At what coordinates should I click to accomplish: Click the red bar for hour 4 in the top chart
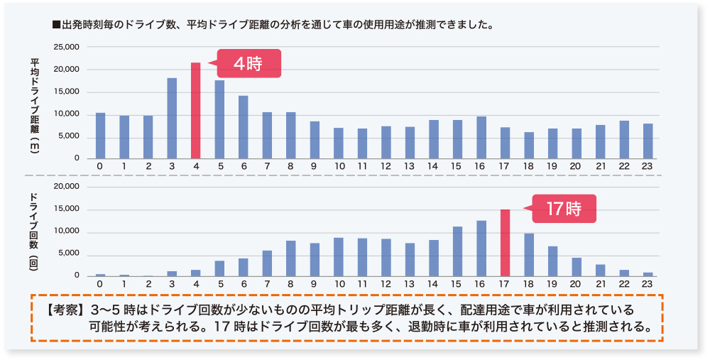tap(195, 111)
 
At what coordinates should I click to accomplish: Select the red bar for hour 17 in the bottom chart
tap(505, 243)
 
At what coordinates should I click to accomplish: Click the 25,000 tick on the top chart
tap(67, 47)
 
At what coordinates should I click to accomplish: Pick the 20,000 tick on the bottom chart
tap(67, 187)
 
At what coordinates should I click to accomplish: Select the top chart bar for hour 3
tap(172, 119)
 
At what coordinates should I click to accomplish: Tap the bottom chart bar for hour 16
tap(481, 249)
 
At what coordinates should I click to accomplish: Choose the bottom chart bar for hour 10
tap(339, 257)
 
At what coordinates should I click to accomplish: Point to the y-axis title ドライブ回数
tap(34, 224)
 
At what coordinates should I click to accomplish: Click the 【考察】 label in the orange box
tap(62, 311)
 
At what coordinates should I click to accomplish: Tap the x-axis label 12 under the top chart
tap(386, 166)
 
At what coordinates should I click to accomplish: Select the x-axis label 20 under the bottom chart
tap(576, 283)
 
